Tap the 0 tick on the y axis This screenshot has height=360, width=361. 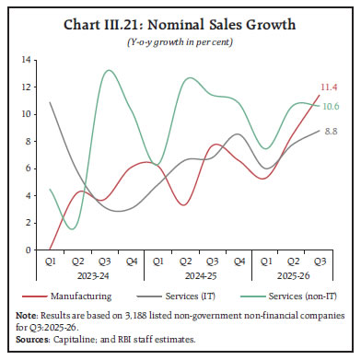point(30,250)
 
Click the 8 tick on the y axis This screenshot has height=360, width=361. point(30,141)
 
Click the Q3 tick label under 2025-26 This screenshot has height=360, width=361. point(319,260)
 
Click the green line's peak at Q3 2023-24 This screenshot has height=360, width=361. point(109,70)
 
